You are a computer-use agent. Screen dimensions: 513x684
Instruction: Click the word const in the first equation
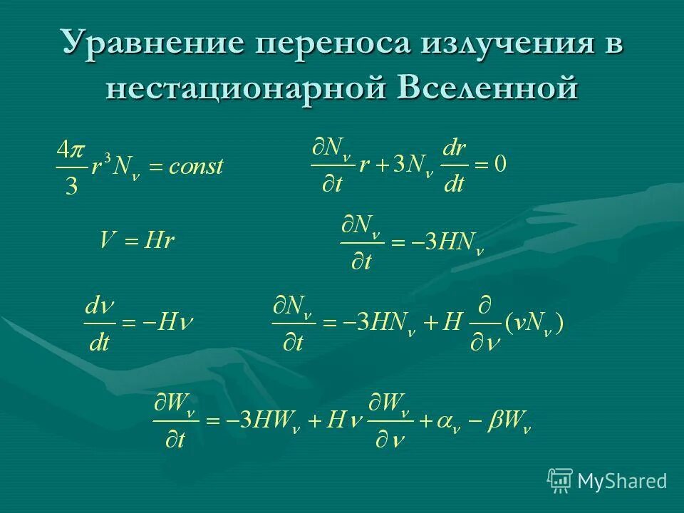196,167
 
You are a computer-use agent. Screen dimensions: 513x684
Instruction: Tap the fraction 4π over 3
71,168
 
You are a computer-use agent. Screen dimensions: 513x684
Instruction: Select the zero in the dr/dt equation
500,166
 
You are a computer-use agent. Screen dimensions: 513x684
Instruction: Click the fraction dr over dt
454,167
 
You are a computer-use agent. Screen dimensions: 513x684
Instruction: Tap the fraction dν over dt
99,324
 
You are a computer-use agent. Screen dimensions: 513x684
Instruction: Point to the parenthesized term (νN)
534,324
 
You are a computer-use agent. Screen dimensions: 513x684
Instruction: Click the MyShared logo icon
560,480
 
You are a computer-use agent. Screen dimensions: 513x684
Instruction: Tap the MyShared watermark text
622,481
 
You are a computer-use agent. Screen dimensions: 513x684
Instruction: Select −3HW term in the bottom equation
266,422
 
